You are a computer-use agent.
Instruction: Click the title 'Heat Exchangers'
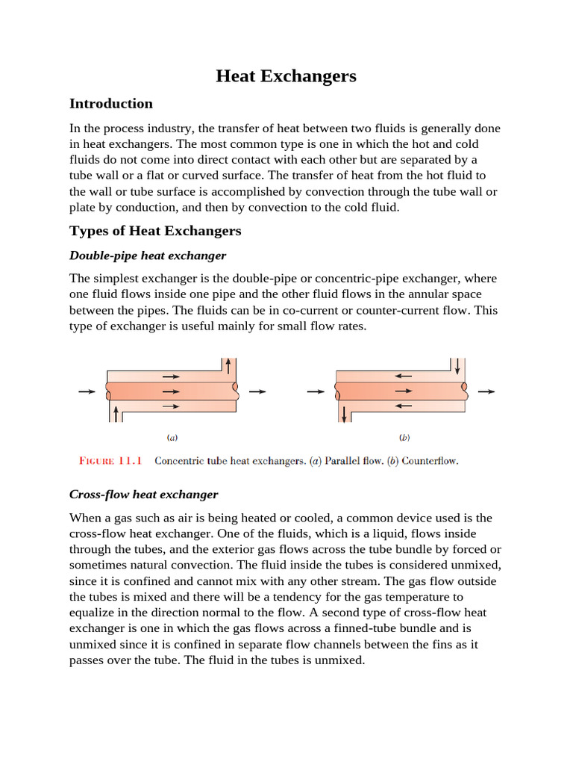[x=286, y=76]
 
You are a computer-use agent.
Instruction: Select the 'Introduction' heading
[x=110, y=104]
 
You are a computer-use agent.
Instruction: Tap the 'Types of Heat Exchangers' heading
[x=155, y=231]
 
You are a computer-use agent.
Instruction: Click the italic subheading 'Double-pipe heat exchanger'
[x=147, y=255]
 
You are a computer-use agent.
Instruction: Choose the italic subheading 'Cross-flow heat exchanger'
[x=143, y=495]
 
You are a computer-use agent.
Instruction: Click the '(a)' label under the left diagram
[x=172, y=437]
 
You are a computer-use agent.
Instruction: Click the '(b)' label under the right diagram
[x=404, y=437]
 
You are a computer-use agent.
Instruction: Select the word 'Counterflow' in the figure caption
[x=430, y=461]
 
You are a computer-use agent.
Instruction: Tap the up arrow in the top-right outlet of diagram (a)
[x=228, y=365]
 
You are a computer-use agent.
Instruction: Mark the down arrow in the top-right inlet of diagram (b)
[x=456, y=365]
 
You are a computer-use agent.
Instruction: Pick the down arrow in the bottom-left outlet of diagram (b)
[x=343, y=413]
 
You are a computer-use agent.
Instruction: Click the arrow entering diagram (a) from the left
[x=87, y=391]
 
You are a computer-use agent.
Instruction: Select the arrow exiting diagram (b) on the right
[x=486, y=391]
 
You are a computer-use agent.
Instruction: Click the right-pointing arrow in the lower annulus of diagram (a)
[x=171, y=406]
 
